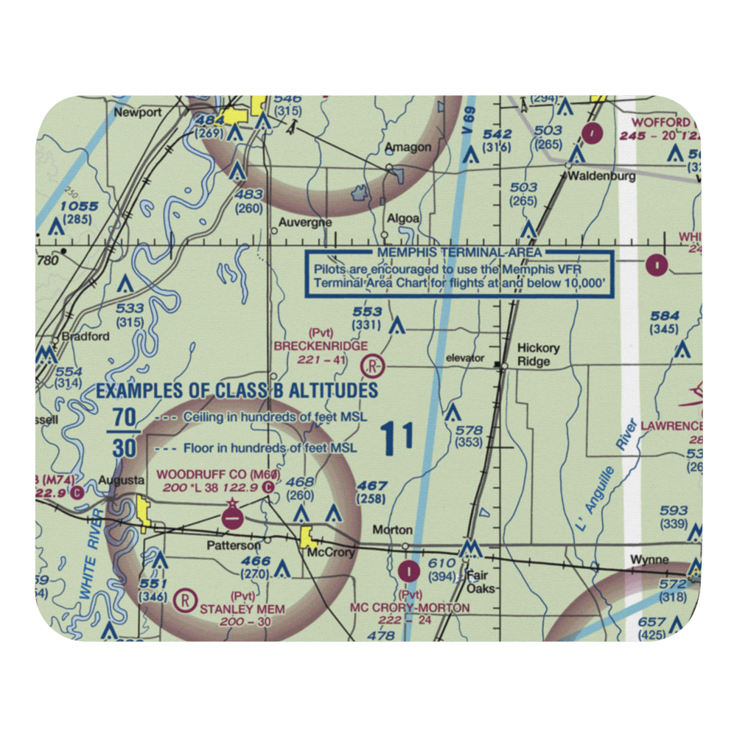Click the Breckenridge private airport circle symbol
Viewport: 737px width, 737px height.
(x=374, y=365)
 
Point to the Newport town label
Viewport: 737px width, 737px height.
(x=137, y=113)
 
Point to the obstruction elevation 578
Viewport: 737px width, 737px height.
(x=469, y=430)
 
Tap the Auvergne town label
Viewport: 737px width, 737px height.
(x=305, y=223)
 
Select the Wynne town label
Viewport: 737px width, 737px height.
(x=649, y=560)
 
